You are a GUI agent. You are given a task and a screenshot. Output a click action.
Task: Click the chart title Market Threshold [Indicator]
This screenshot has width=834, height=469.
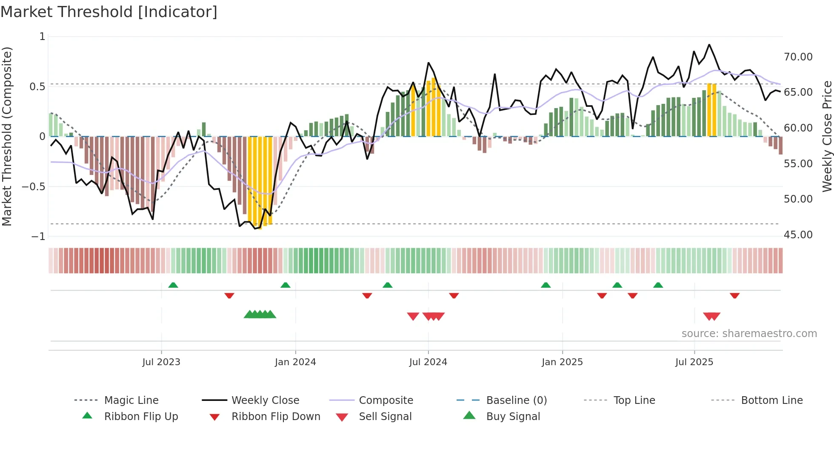(x=109, y=12)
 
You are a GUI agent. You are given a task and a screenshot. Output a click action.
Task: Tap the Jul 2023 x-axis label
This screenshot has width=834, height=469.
(x=161, y=362)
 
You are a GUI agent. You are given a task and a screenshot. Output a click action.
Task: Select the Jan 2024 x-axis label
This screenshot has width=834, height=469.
(x=295, y=362)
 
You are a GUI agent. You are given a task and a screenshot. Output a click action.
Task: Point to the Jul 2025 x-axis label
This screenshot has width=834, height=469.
(x=694, y=362)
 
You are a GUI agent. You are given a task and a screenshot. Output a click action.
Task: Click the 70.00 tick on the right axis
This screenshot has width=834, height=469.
(x=798, y=57)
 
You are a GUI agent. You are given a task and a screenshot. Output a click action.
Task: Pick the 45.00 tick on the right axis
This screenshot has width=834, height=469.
(x=798, y=235)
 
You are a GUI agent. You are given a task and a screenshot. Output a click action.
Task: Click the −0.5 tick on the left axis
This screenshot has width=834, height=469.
(x=34, y=187)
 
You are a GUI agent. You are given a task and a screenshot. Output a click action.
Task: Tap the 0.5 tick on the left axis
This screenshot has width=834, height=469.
(x=37, y=87)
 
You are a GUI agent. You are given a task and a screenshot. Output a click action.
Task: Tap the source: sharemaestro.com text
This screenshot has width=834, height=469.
(x=749, y=334)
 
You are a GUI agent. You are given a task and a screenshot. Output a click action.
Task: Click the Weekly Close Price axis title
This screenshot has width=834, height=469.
(x=827, y=136)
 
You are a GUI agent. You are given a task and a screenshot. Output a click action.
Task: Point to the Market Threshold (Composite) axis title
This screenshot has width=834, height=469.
(x=7, y=136)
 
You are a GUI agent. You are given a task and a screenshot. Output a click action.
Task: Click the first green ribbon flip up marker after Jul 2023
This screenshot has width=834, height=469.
(x=173, y=285)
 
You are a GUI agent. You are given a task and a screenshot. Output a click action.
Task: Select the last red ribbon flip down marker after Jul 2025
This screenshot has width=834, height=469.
(x=734, y=295)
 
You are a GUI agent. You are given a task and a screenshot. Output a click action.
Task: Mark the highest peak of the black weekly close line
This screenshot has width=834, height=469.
(x=709, y=45)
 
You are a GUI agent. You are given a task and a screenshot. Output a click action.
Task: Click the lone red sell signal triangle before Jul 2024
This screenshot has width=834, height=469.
(x=413, y=316)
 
